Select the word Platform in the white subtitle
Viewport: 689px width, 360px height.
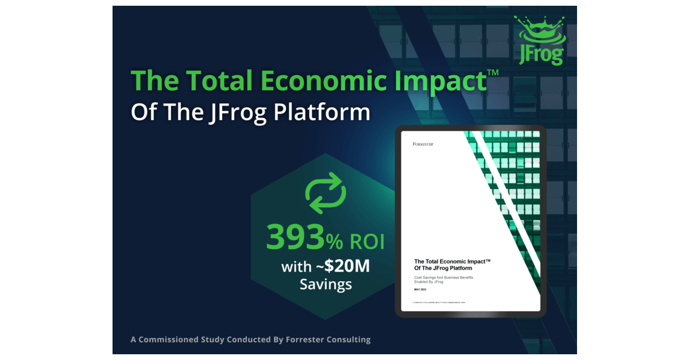[x=322, y=112]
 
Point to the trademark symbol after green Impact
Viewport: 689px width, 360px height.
[x=493, y=73]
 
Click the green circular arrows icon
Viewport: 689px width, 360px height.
[x=325, y=196]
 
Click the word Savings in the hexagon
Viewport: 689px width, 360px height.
[x=326, y=284]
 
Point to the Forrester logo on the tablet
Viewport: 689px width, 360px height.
[x=423, y=144]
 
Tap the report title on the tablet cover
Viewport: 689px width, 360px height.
[x=452, y=265]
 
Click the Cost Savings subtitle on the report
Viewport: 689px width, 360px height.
[x=443, y=280]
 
